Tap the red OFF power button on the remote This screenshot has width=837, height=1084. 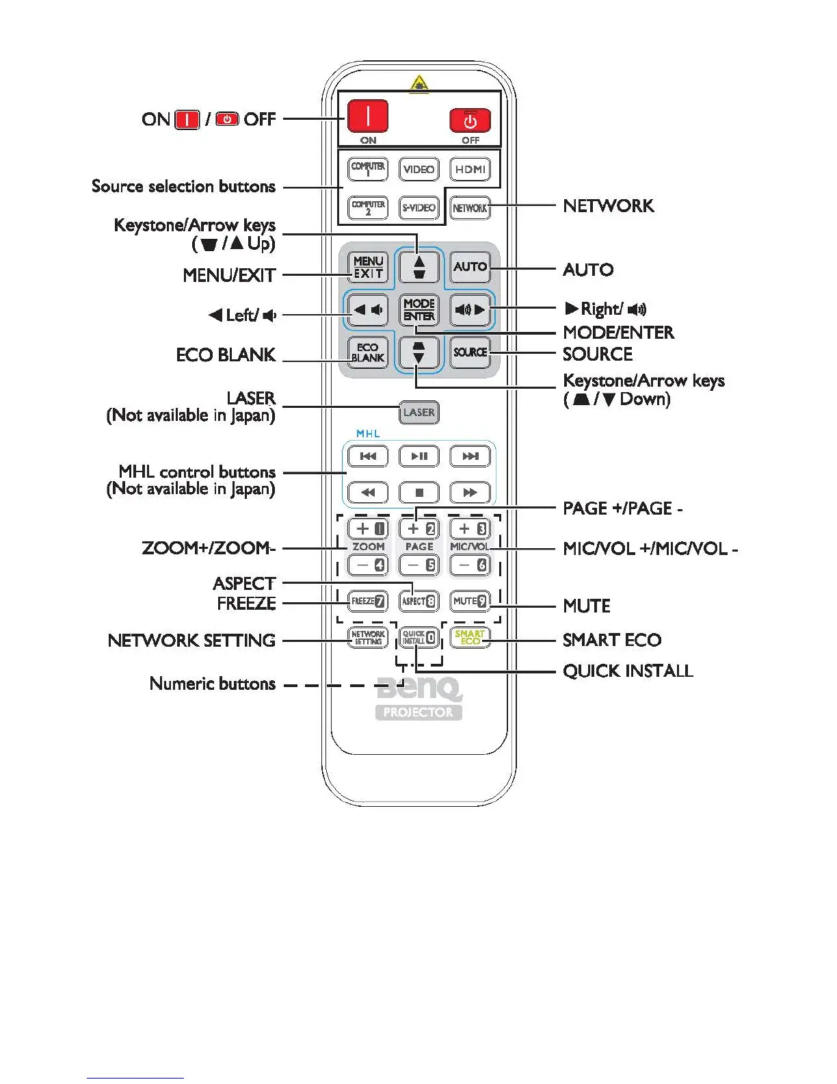(x=470, y=120)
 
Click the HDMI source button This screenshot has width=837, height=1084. (x=470, y=169)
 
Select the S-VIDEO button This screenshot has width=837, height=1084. (x=418, y=207)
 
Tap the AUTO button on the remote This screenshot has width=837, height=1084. (x=470, y=267)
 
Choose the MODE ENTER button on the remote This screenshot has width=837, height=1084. (x=418, y=309)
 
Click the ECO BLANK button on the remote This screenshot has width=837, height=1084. (x=368, y=352)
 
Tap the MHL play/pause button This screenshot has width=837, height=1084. (x=418, y=456)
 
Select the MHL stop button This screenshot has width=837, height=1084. (x=418, y=492)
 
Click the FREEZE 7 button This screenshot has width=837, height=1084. (x=368, y=601)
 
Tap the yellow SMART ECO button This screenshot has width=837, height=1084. (x=470, y=637)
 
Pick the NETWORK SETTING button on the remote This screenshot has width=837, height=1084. (x=368, y=637)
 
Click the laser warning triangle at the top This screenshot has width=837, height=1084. (x=418, y=84)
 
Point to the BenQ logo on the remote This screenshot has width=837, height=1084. (x=418, y=688)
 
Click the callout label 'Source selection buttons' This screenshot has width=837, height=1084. (x=183, y=186)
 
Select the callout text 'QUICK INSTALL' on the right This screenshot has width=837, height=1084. (x=627, y=671)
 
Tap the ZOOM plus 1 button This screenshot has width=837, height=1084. (x=368, y=528)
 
